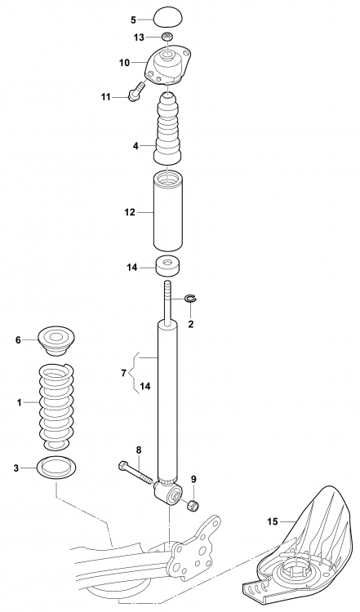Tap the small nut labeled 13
pos(167,38)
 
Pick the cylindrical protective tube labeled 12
pos(168,212)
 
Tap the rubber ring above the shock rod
pos(168,266)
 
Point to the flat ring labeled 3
pos(56,468)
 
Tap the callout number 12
pos(129,212)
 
